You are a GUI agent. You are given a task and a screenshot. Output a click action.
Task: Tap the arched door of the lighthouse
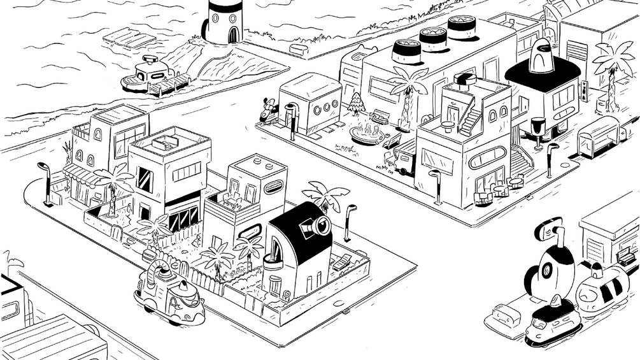coord(233,33)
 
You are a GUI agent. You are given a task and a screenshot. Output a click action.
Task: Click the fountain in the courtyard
coord(368,134)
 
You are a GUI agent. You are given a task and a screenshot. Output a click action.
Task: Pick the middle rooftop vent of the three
coord(433,38)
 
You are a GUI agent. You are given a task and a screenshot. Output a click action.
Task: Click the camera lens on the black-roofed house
coord(320,226)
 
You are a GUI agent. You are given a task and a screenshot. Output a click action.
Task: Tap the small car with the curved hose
coord(169,294)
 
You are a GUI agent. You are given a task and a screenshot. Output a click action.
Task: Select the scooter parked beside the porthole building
coord(268,113)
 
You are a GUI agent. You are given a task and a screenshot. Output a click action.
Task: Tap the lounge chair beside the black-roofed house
coord(342,262)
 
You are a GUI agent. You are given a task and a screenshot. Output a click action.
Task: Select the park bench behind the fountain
coord(381,117)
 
